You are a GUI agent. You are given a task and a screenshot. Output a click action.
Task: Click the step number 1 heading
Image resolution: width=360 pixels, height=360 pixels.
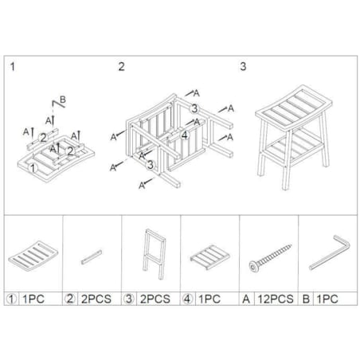[x=13, y=66]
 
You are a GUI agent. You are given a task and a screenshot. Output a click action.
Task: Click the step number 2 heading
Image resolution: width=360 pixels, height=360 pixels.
[x=121, y=66]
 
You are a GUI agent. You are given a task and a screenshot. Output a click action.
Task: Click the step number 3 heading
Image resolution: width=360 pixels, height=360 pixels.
[x=243, y=66]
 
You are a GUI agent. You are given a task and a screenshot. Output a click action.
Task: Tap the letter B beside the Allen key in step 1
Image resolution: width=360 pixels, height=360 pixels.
[x=63, y=100]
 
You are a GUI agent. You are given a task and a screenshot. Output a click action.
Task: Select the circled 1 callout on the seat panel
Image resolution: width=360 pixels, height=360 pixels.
[x=33, y=168]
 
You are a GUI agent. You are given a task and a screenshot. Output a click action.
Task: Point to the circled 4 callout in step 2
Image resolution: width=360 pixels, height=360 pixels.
[x=185, y=135]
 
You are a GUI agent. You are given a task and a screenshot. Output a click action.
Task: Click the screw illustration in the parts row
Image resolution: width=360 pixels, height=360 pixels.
[x=270, y=258]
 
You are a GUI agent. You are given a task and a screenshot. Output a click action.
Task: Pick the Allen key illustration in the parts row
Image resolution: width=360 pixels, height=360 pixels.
[x=329, y=253]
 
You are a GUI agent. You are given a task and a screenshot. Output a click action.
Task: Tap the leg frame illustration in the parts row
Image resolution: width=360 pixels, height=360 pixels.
[x=154, y=254]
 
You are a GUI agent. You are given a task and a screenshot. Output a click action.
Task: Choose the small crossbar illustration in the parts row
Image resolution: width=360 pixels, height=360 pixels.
[x=92, y=256]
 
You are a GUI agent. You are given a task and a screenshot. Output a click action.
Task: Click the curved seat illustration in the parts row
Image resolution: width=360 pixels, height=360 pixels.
[x=33, y=256]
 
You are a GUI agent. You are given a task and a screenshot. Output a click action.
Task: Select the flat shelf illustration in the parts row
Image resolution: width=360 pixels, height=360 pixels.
[x=209, y=257]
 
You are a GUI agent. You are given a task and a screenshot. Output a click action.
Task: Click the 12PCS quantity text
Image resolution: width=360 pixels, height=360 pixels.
[x=276, y=299]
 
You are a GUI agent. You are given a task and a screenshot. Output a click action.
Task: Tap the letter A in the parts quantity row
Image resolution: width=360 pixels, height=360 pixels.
[x=246, y=299]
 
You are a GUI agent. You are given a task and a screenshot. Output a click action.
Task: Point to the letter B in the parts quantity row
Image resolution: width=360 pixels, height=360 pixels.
[x=306, y=299]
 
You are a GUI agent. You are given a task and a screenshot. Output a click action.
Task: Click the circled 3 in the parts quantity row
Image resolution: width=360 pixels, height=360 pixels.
[x=129, y=299]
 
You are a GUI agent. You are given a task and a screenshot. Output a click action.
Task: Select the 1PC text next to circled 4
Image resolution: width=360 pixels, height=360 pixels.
[x=209, y=299]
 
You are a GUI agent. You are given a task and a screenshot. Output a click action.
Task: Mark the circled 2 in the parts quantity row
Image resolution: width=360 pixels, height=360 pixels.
[x=70, y=299]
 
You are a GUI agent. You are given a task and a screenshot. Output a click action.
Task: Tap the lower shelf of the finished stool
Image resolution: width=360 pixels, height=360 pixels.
[x=293, y=148]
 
